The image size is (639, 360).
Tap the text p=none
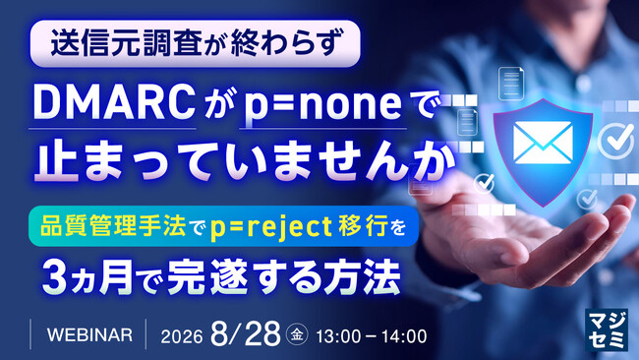pyautogui.click(x=322, y=105)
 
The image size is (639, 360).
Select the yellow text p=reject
pyautogui.click(x=271, y=227)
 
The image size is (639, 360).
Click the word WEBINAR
pyautogui.click(x=89, y=335)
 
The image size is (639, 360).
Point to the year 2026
pyautogui.click(x=182, y=336)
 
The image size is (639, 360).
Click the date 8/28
pyautogui.click(x=246, y=333)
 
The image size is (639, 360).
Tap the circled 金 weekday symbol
pyautogui.click(x=297, y=335)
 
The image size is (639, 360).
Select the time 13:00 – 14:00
pyautogui.click(x=372, y=336)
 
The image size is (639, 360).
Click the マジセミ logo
pyautogui.click(x=606, y=330)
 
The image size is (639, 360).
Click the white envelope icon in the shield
pyautogui.click(x=543, y=143)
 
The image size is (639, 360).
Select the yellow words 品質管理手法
pyautogui.click(x=113, y=226)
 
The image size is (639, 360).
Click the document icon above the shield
pyautogui.click(x=510, y=84)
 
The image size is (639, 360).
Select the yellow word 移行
pyautogui.click(x=363, y=226)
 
